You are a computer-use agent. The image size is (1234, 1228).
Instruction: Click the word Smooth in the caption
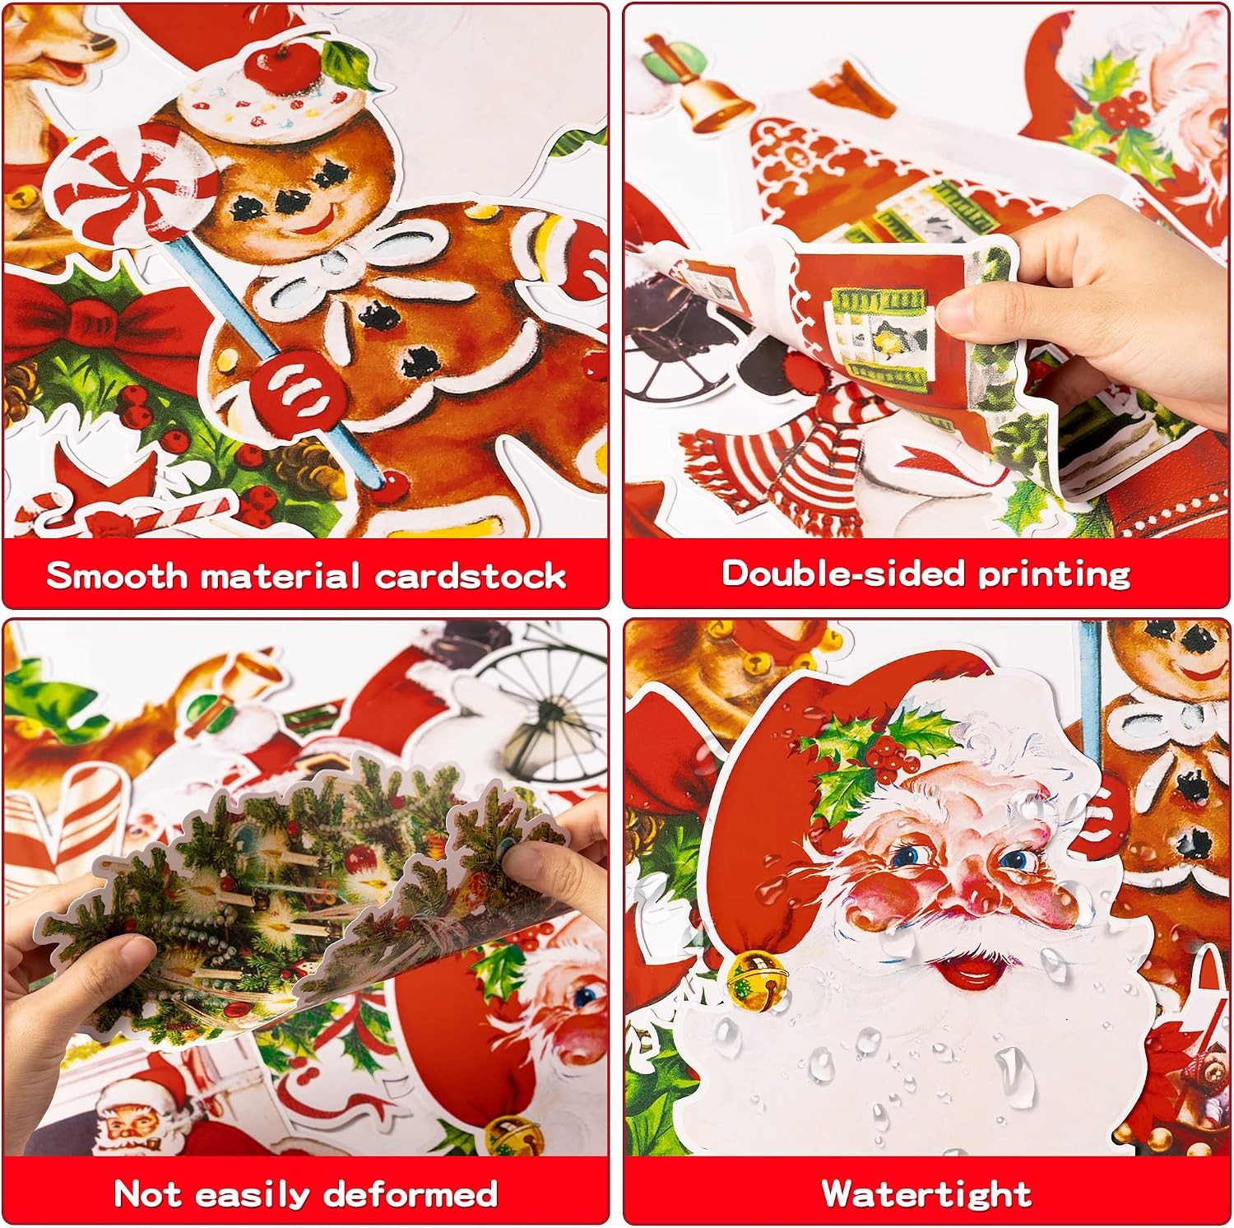117,575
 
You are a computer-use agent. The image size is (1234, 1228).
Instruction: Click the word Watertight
927,1193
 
